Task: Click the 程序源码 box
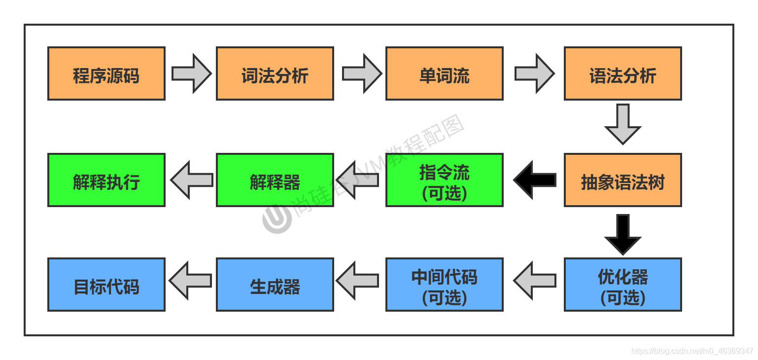pos(106,73)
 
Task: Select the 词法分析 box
pos(275,73)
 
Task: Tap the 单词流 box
pos(444,73)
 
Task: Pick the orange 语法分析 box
pos(622,73)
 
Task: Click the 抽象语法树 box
pos(622,180)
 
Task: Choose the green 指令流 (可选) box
pos(444,180)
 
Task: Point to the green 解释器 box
pos(275,180)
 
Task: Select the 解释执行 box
pos(106,180)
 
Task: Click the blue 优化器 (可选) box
pos(622,285)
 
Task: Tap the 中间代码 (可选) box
pos(444,285)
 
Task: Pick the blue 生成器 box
pos(275,285)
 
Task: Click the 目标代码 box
pos(106,285)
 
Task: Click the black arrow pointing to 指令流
pos(534,180)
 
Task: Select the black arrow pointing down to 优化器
pos(623,234)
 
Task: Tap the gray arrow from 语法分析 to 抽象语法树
pos(623,124)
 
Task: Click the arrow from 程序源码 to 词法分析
pos(191,73)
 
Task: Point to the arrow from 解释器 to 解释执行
pos(191,180)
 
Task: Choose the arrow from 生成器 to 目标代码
pos(190,281)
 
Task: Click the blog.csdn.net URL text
pos(692,351)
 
